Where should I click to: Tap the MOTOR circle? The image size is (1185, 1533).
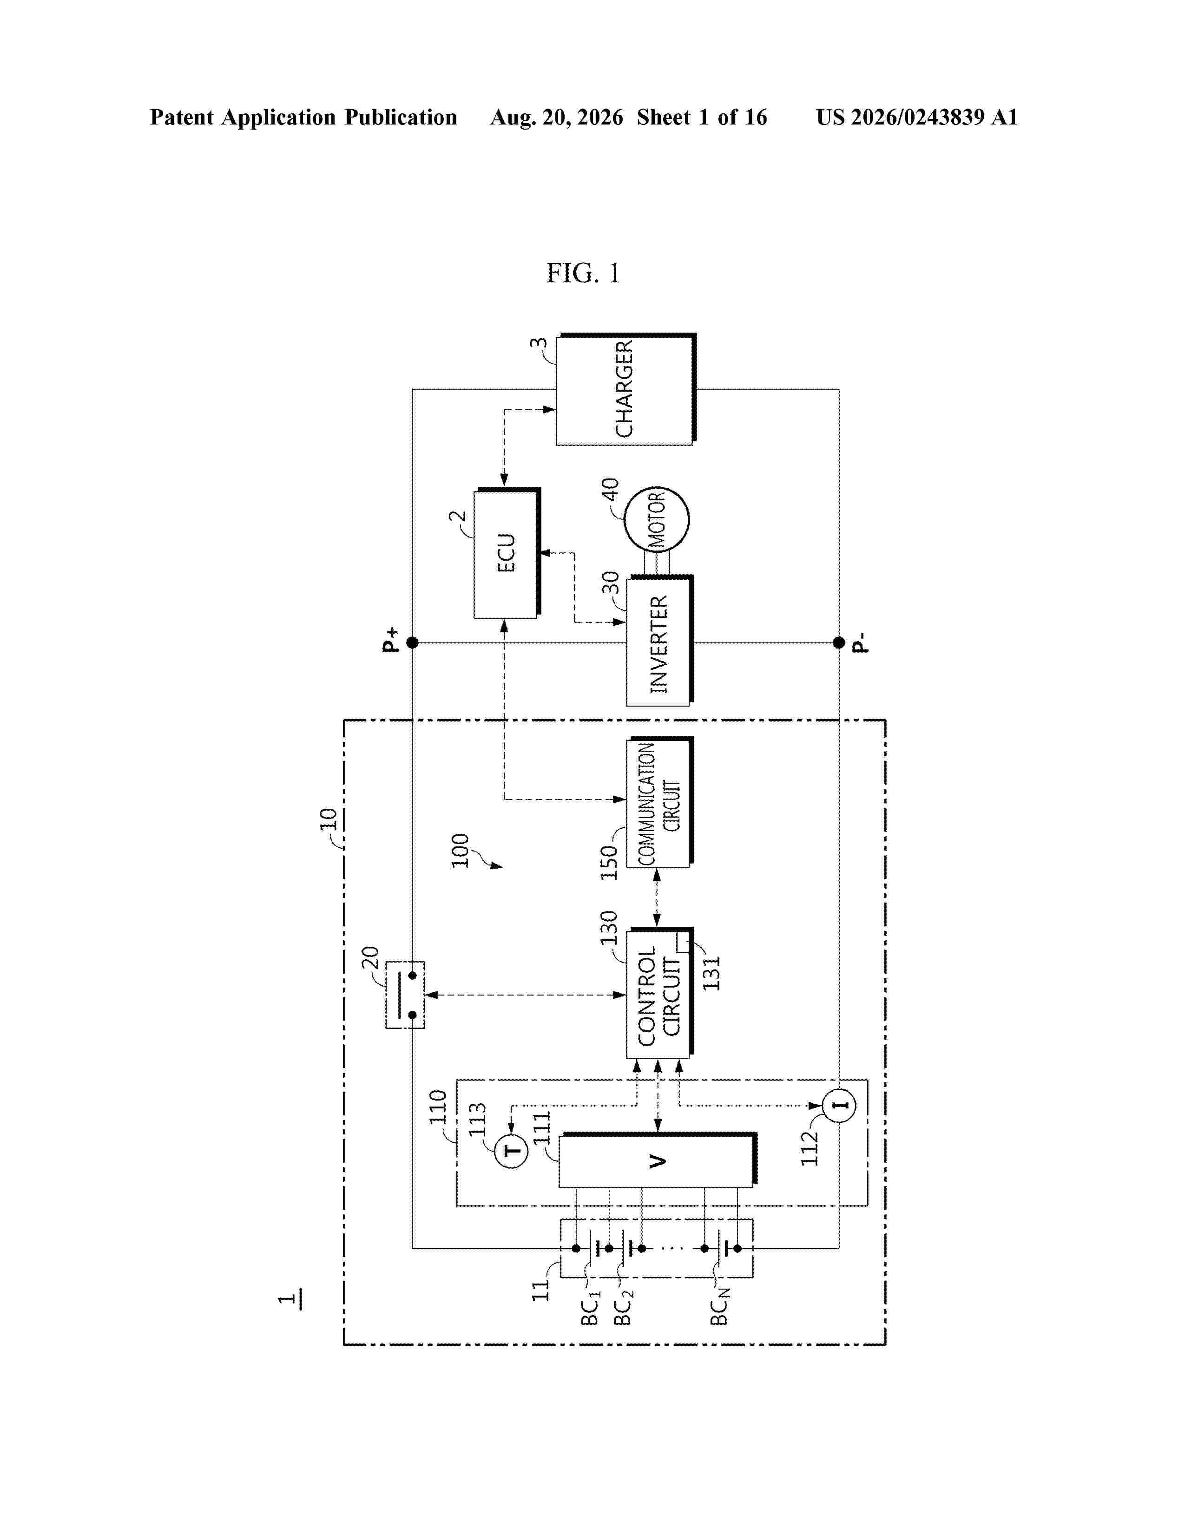click(x=656, y=519)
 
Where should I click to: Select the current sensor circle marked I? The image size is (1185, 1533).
click(x=839, y=1106)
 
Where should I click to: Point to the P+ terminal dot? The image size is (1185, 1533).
click(x=412, y=642)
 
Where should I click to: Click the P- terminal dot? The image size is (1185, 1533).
click(x=839, y=642)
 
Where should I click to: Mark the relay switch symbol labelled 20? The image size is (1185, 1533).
click(x=405, y=995)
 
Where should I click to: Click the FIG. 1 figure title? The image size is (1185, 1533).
click(x=583, y=273)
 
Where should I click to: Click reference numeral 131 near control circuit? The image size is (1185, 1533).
click(x=711, y=974)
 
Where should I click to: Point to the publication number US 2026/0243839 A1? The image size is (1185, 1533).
click(x=917, y=117)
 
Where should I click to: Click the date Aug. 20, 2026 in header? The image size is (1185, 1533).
click(x=557, y=117)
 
